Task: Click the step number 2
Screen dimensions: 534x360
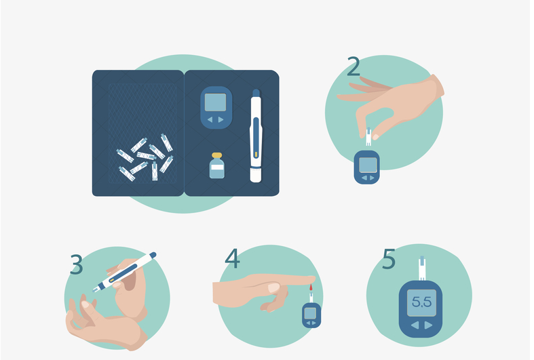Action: pyautogui.click(x=354, y=66)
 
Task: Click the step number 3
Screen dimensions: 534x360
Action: pyautogui.click(x=76, y=264)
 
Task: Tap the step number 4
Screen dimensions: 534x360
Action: pyautogui.click(x=232, y=258)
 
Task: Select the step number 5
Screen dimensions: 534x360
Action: pyautogui.click(x=389, y=258)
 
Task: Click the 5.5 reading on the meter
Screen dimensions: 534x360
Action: pyautogui.click(x=421, y=302)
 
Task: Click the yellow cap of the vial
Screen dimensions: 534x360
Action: pyautogui.click(x=216, y=155)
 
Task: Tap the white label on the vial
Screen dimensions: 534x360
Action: pyautogui.click(x=217, y=167)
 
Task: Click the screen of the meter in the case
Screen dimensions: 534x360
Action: pyautogui.click(x=215, y=102)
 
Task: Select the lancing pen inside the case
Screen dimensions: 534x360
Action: pyautogui.click(x=256, y=136)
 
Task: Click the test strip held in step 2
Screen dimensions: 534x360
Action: pyautogui.click(x=368, y=137)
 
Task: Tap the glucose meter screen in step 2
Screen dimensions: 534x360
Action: pyautogui.click(x=368, y=165)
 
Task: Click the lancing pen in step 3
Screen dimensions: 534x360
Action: pyautogui.click(x=124, y=273)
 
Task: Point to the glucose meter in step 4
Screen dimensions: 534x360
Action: pyautogui.click(x=311, y=315)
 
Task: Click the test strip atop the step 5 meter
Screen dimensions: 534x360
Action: pyautogui.click(x=422, y=268)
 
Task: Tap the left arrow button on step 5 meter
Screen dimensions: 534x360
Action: pyautogui.click(x=415, y=325)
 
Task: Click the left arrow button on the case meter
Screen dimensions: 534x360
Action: pyautogui.click(x=210, y=119)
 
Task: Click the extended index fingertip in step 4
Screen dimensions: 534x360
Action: pyautogui.click(x=311, y=279)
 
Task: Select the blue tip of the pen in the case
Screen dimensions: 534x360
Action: pyautogui.click(x=256, y=93)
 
